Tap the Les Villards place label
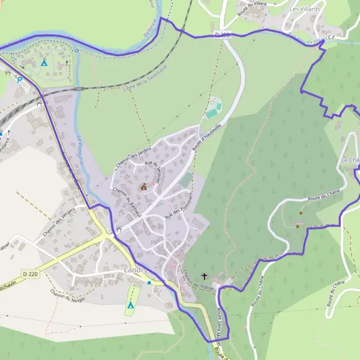(305, 10)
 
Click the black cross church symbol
(205, 277)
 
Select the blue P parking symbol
(19, 80)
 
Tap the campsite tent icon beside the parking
(44, 62)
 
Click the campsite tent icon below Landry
(130, 305)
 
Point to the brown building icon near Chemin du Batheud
(143, 187)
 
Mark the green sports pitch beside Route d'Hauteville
(213, 110)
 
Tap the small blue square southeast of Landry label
(149, 282)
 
